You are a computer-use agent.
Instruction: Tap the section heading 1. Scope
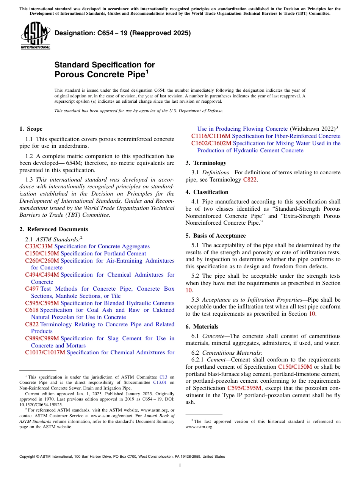pos(31,129)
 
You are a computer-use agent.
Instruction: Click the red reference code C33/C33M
pos(39,246)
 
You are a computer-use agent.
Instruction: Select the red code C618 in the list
pos(32,310)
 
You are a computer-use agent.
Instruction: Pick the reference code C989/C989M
pos(42,338)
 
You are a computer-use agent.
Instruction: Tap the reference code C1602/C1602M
pos(211,143)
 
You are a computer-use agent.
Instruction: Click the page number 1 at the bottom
pos(180,465)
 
